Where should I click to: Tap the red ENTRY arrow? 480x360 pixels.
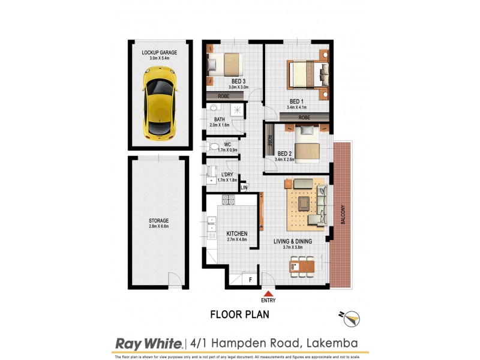(x=268, y=293)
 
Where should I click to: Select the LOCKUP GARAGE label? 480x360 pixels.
(x=159, y=53)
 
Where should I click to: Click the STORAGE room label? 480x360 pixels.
(x=159, y=221)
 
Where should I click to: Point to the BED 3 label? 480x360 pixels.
(x=239, y=81)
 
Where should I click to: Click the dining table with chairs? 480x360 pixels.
(x=301, y=265)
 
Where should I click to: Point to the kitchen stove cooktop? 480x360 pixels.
(x=229, y=200)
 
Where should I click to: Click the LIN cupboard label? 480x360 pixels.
(x=244, y=188)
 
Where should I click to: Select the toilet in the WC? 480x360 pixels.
(x=213, y=146)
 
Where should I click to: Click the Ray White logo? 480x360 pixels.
(x=148, y=343)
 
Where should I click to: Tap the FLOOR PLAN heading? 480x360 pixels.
(x=239, y=314)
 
